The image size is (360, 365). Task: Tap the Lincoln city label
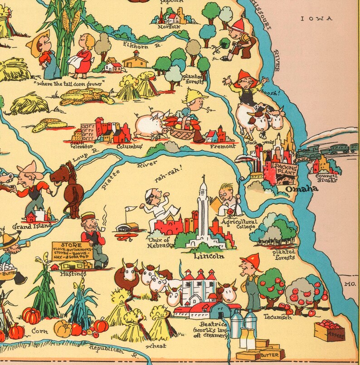point(209,256)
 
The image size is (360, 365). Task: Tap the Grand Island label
point(32,225)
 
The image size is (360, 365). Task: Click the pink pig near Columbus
point(151,124)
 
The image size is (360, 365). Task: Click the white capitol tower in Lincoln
point(203,209)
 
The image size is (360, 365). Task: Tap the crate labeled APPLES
point(330,331)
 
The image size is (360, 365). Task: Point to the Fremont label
point(223,146)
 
